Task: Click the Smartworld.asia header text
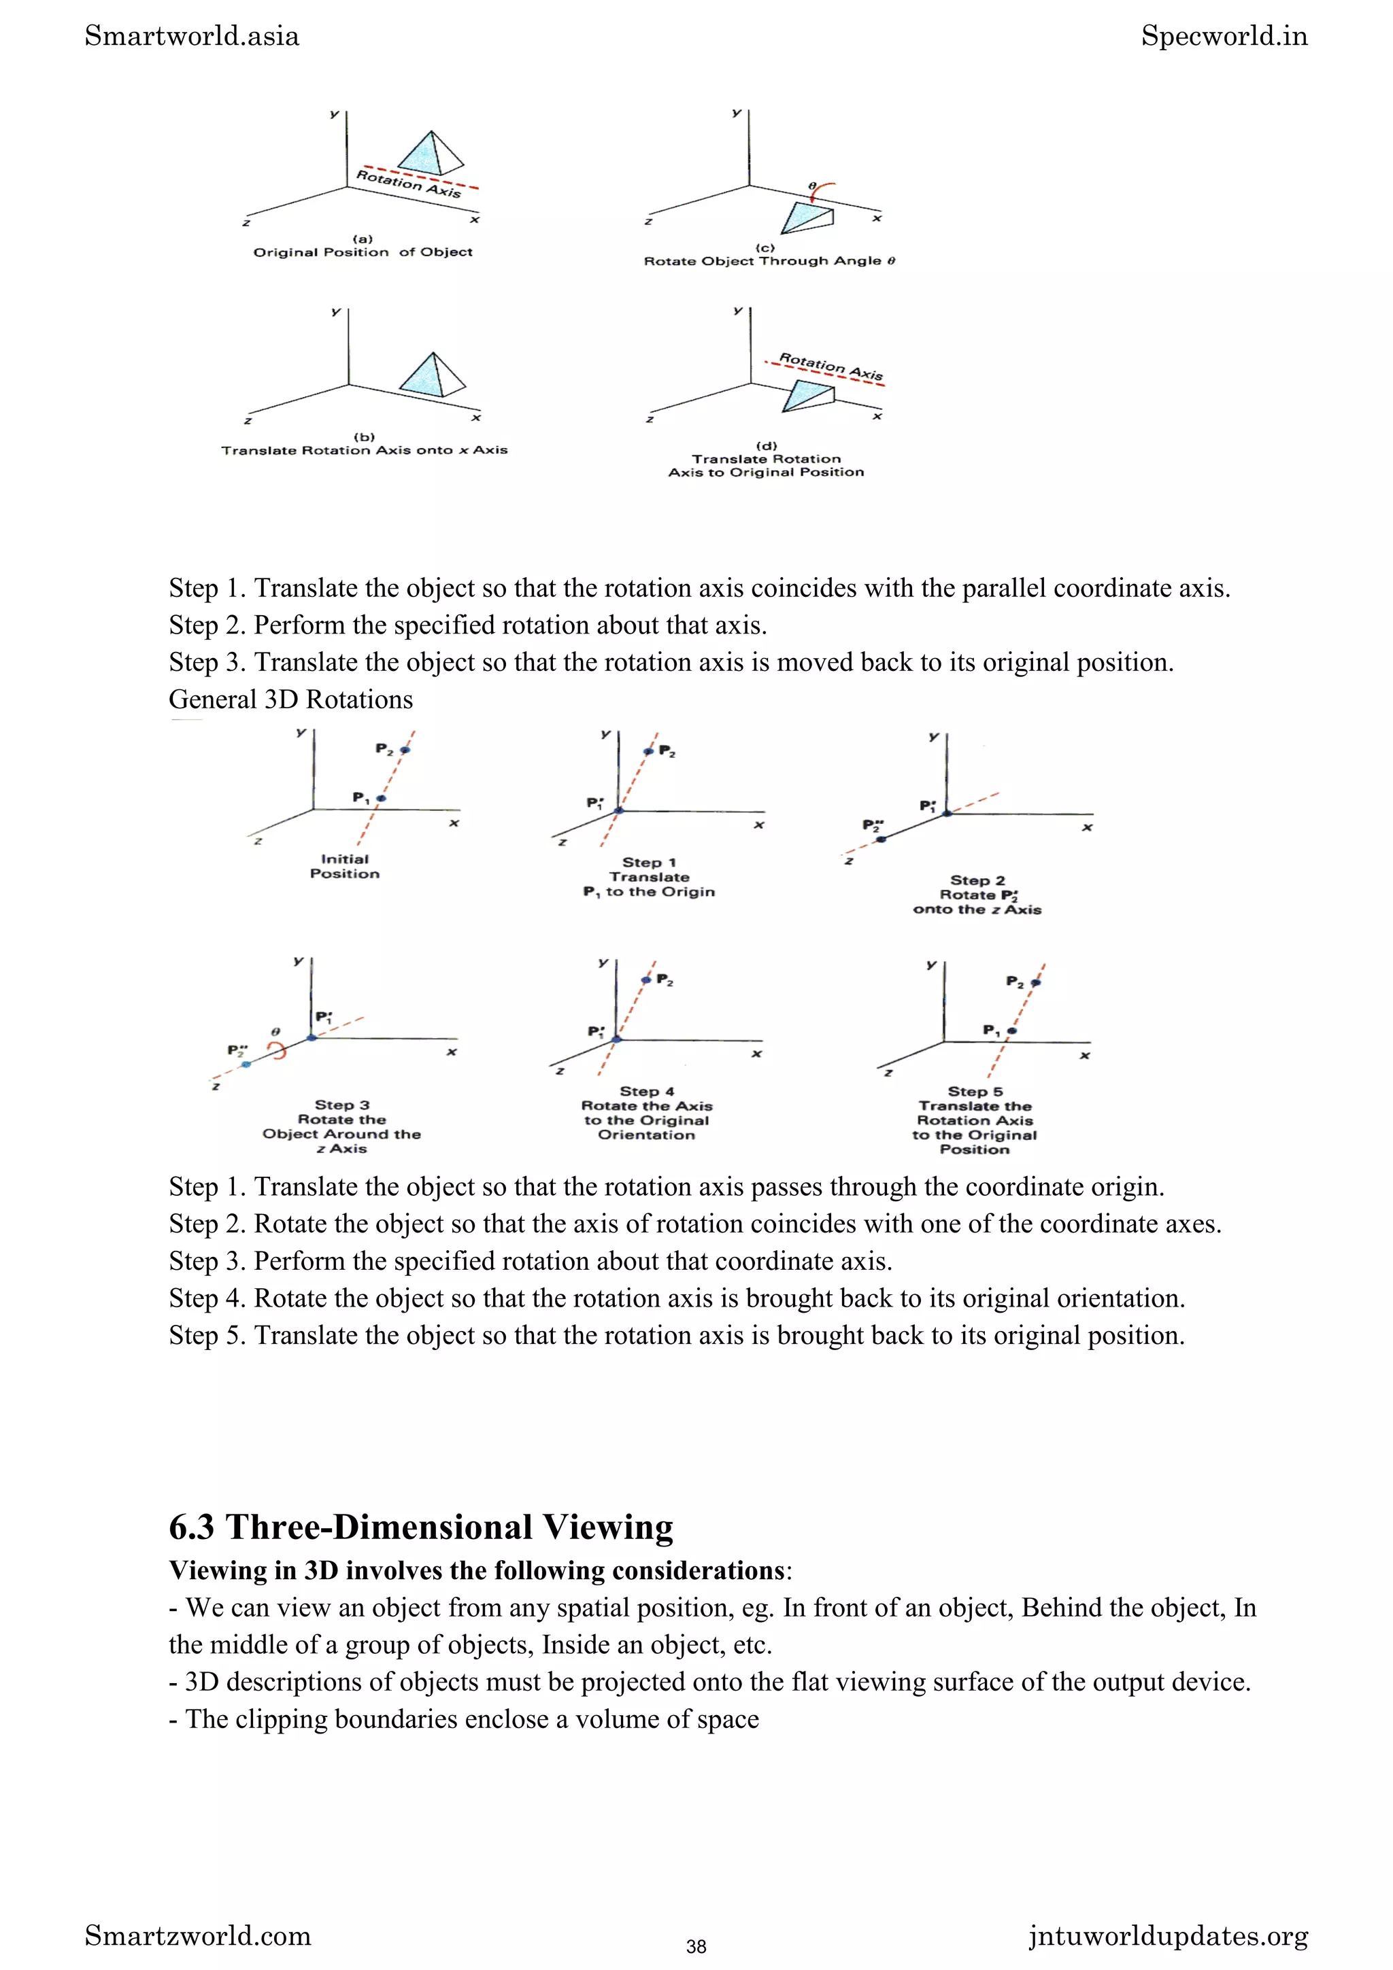pos(191,36)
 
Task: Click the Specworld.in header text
pos(1224,36)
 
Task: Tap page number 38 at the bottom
pos(696,1946)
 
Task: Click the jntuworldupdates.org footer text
pos(1168,1936)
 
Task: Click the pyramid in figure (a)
pos(430,154)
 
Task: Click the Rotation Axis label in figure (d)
pos(830,366)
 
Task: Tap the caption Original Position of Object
pos(363,252)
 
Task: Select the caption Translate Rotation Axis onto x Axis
pos(364,449)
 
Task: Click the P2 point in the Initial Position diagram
pos(405,750)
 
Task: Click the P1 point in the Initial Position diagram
pos(381,798)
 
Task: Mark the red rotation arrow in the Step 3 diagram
pos(278,1050)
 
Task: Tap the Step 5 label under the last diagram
pos(974,1092)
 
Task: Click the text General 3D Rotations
pos(290,699)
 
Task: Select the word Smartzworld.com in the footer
pos(197,1936)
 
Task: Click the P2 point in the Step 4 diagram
pos(646,980)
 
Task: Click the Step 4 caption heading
pos(646,1092)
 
